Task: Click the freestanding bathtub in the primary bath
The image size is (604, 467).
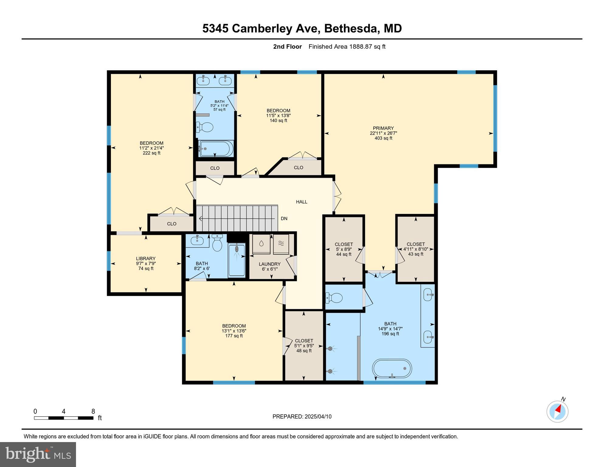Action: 392,368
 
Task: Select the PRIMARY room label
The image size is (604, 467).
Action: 383,128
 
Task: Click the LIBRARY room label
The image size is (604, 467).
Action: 146,259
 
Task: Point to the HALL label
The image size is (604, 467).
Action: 302,202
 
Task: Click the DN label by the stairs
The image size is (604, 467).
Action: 284,219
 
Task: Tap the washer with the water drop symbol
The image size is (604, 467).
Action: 261,244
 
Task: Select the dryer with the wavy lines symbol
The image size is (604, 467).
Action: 281,244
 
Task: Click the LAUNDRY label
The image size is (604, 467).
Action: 269,264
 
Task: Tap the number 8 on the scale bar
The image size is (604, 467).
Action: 93,411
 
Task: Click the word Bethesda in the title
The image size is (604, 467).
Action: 351,28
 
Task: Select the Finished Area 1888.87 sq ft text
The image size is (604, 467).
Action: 347,47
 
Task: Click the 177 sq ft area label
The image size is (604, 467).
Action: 234,336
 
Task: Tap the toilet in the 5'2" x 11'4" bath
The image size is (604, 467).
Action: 204,127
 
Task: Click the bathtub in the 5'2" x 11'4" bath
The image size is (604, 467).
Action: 216,149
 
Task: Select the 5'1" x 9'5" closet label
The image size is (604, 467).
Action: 304,346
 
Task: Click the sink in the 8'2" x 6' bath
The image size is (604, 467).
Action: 197,241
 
